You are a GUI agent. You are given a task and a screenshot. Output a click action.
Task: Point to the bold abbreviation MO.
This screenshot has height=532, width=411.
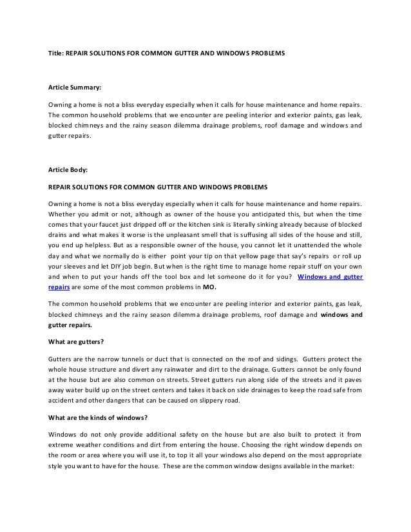(x=210, y=288)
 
